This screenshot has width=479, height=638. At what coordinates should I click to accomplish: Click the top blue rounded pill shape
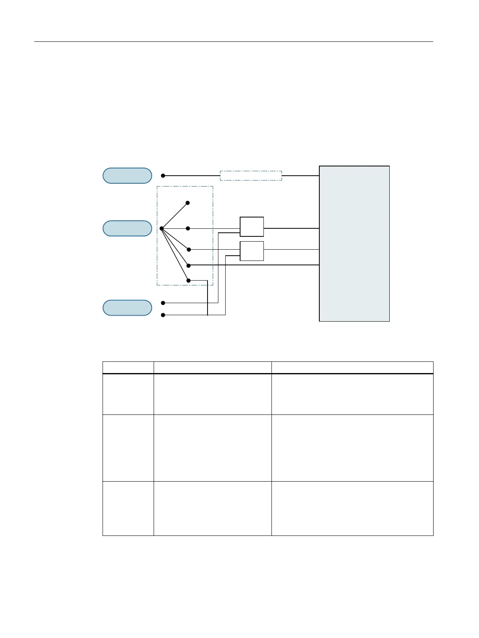coord(127,176)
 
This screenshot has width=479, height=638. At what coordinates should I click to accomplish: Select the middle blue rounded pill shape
coord(127,228)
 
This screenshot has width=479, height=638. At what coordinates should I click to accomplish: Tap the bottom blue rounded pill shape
coord(127,308)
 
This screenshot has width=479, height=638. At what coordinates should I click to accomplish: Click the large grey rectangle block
coord(354,244)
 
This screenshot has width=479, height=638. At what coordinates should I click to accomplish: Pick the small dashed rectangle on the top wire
coord(251,176)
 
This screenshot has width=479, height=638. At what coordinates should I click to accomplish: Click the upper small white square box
coord(252,227)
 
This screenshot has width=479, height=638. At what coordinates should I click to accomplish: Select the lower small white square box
coord(252,251)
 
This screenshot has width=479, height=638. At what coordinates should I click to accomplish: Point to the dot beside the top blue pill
coord(163,176)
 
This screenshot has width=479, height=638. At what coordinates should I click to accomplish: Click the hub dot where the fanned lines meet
coord(161,228)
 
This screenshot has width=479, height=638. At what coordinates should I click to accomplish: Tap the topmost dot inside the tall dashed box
coord(188,203)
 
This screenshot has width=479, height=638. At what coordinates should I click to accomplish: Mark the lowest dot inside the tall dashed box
coord(188,280)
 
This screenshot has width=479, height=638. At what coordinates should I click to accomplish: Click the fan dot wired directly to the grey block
coord(189,265)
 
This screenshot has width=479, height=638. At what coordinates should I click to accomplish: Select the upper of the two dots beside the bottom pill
coord(163,303)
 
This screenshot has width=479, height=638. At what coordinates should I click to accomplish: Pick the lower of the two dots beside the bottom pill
coord(163,315)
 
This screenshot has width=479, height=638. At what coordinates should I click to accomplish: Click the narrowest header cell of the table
coord(128,368)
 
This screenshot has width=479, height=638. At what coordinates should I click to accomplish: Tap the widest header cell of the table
coord(352,368)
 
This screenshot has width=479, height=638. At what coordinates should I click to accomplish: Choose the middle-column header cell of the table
coord(212,368)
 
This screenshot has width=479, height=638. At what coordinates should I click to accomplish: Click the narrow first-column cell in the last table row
coord(128,508)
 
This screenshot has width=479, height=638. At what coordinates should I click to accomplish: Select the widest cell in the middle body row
coord(352,448)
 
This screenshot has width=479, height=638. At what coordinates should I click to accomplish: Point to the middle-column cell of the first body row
coord(212,394)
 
